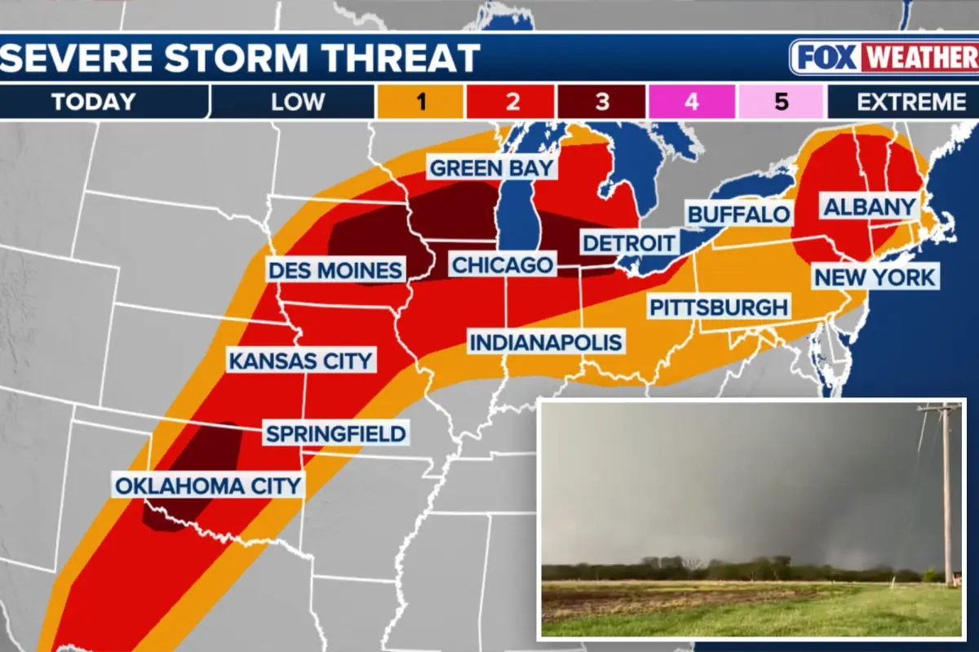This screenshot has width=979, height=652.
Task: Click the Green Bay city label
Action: [492, 169]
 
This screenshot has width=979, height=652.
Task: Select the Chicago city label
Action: [503, 265]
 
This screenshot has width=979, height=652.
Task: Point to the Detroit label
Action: [629, 242]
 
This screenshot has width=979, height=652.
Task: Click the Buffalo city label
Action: [739, 215]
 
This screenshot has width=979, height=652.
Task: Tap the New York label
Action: [875, 277]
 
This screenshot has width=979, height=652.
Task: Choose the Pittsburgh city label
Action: [719, 308]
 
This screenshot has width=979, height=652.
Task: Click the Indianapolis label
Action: [546, 342]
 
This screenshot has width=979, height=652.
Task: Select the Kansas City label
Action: [300, 361]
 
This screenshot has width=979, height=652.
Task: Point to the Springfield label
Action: [335, 433]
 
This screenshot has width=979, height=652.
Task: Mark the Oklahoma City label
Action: [208, 486]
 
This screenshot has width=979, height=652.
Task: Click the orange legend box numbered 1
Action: [420, 102]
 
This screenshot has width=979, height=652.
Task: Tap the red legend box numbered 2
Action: [511, 102]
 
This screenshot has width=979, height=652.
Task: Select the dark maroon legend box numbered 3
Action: [601, 102]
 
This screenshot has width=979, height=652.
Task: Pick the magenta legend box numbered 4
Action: [692, 102]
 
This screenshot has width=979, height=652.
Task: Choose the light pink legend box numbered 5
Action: [782, 102]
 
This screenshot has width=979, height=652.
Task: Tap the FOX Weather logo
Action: [884, 58]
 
